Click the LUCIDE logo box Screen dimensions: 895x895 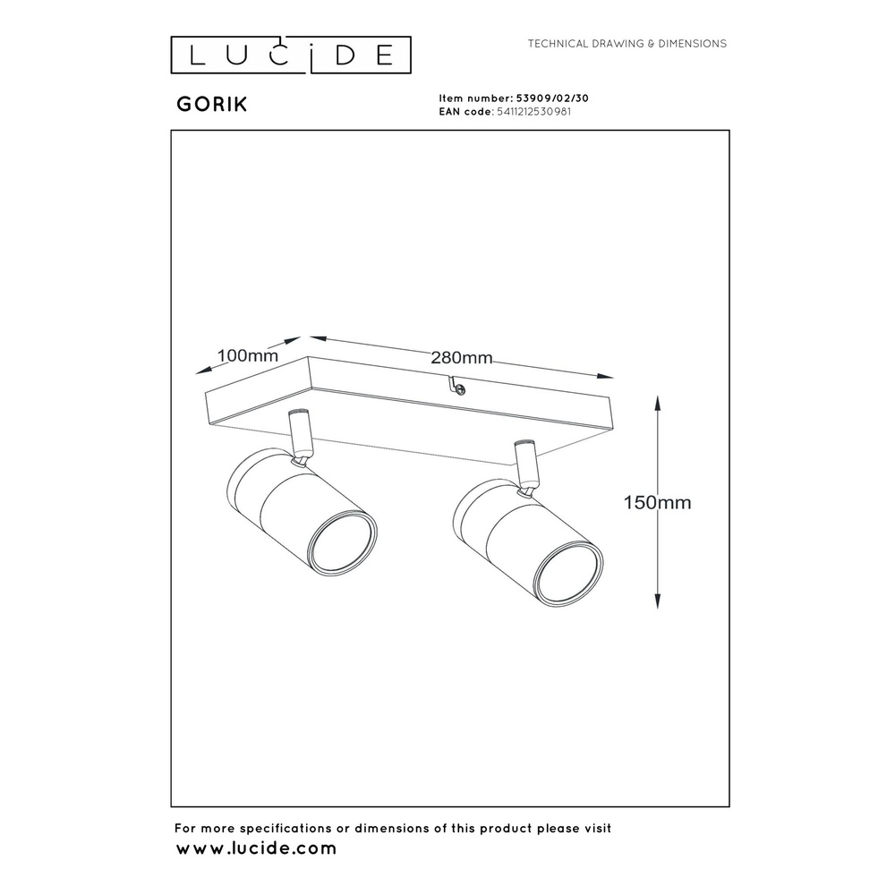pyautogui.click(x=291, y=55)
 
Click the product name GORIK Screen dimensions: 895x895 pyautogui.click(x=212, y=105)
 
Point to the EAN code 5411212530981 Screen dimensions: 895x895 pyautogui.click(x=533, y=112)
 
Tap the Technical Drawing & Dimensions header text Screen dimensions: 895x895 pyautogui.click(x=627, y=43)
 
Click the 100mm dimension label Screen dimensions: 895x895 pyautogui.click(x=248, y=355)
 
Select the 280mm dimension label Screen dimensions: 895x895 pyautogui.click(x=461, y=358)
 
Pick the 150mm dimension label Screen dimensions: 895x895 pyautogui.click(x=657, y=502)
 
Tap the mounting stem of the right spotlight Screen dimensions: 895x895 pyautogui.click(x=524, y=465)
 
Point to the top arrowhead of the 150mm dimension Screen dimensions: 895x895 pyautogui.click(x=658, y=403)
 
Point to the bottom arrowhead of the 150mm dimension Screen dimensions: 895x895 pyautogui.click(x=658, y=601)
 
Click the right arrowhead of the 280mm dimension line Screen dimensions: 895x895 pyautogui.click(x=605, y=376)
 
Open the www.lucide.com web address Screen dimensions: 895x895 pyautogui.click(x=256, y=848)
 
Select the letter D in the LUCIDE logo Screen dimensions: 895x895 pyautogui.click(x=345, y=55)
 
